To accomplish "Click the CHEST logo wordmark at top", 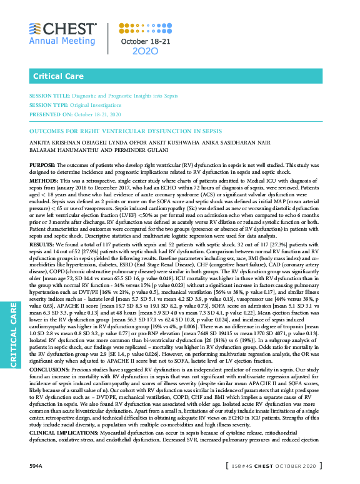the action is [71, 29].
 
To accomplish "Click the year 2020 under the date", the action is [146, 51].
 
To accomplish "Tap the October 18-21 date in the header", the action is [146, 41].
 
